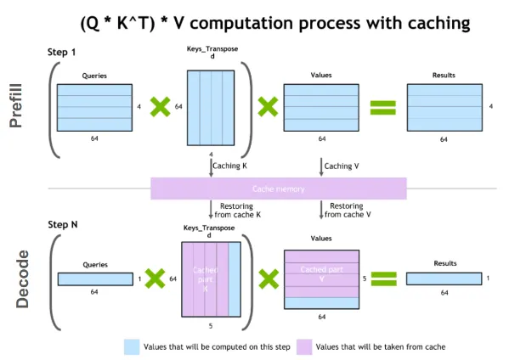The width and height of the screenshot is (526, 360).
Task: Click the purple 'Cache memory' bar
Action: (278, 188)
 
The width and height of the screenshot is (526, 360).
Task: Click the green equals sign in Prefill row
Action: (385, 107)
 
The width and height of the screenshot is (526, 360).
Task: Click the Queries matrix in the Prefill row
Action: (94, 106)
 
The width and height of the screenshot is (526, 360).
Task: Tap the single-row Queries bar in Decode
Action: (94, 278)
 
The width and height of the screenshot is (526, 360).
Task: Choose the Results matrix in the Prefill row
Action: (444, 106)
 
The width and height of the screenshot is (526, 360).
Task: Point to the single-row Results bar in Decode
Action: (444, 278)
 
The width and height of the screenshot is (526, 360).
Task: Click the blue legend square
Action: (131, 346)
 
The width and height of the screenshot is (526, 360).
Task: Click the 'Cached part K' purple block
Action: (205, 278)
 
